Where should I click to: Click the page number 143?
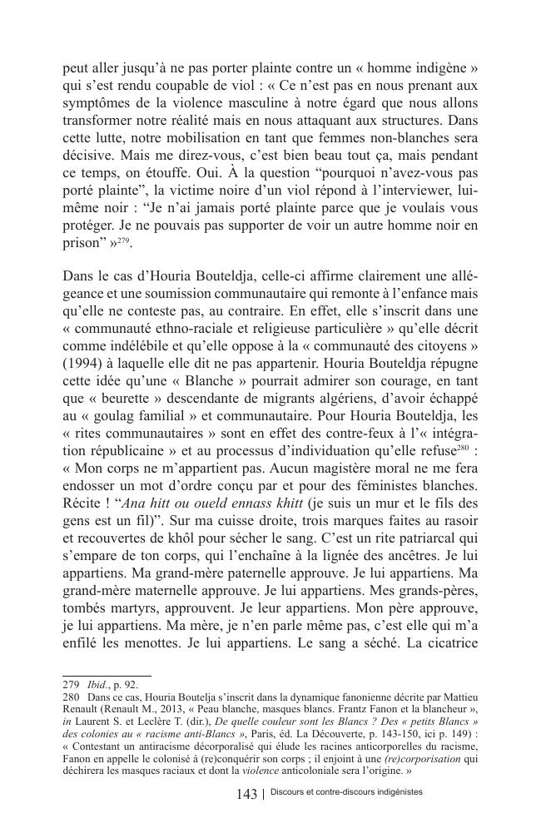coord(246,795)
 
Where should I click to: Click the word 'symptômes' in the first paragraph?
coord(97,102)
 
